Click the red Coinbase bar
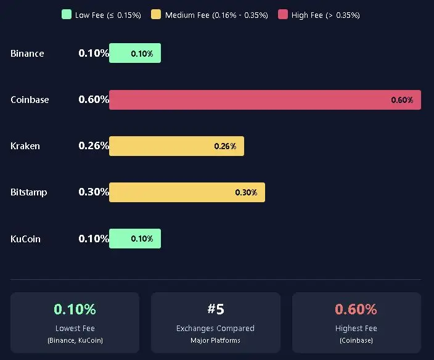point(265,100)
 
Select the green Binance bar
point(135,54)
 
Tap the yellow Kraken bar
point(176,146)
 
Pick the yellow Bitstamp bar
point(187,192)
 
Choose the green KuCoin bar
point(135,239)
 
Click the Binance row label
point(27,54)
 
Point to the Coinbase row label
point(30,100)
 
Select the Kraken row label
point(25,146)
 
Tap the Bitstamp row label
point(29,192)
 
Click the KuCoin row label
point(25,239)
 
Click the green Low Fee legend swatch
point(67,14)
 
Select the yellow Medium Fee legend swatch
point(156,14)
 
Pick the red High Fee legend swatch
point(282,14)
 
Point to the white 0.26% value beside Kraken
point(94,146)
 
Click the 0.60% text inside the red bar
point(402,100)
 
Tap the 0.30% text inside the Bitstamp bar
point(246,192)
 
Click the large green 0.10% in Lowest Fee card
point(75,309)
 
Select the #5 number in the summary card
point(215,309)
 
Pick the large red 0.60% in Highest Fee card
point(356,309)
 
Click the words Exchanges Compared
point(215,329)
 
